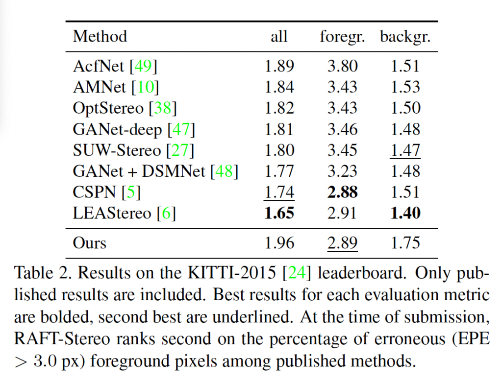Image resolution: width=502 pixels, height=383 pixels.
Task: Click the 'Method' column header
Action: click(100, 36)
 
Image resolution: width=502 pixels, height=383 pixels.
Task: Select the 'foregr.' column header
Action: click(342, 36)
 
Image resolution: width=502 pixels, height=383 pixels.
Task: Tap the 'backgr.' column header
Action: click(405, 36)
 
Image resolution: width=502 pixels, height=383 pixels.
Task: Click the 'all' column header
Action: click(279, 36)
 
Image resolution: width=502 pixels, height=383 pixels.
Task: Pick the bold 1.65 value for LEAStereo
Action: click(279, 213)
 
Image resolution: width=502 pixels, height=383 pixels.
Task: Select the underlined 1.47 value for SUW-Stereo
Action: click(405, 150)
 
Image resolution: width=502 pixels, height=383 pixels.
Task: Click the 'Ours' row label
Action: click(90, 243)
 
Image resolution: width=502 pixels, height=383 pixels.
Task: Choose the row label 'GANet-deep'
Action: click(118, 129)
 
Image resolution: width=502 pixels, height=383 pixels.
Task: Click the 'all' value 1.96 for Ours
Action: click(279, 243)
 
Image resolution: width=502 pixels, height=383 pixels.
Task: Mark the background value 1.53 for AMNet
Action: click(405, 87)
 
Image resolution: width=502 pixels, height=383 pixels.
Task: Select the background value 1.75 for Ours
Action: click(405, 243)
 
